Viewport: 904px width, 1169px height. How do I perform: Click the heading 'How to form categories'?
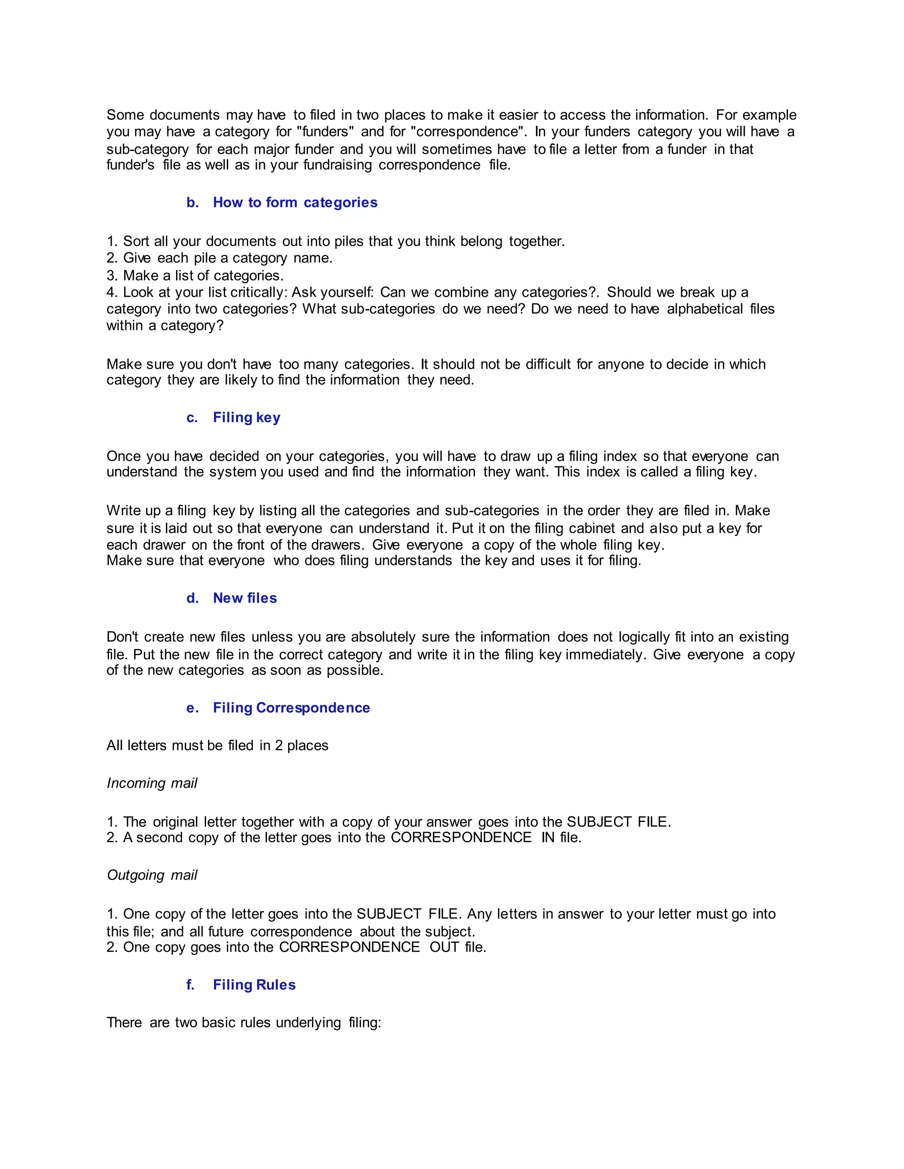click(x=295, y=202)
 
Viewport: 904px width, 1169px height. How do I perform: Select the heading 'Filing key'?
click(x=246, y=417)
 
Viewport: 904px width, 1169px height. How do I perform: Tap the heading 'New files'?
click(x=245, y=598)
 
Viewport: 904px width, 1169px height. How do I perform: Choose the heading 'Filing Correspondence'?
click(x=291, y=708)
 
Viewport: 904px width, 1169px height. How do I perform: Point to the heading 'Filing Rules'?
click(x=254, y=985)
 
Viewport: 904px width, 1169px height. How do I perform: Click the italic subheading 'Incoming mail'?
click(x=152, y=783)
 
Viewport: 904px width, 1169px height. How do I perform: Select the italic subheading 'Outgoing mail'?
click(x=152, y=875)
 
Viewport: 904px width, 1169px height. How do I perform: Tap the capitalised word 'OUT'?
click(x=444, y=947)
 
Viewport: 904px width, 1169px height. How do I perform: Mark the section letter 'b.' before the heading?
click(x=193, y=202)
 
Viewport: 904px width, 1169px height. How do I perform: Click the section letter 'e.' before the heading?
click(x=193, y=708)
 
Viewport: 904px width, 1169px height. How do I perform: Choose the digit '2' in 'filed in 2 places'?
click(x=279, y=746)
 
